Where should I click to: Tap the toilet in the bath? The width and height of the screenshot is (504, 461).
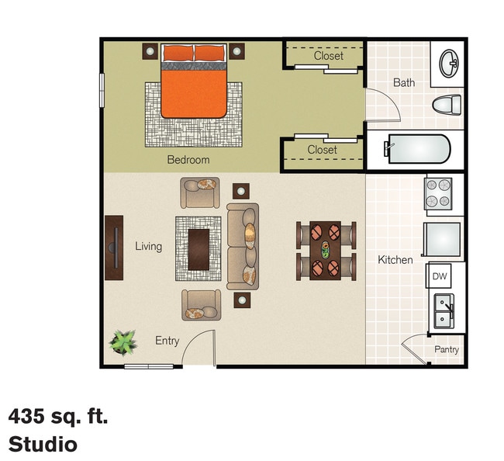click(447, 105)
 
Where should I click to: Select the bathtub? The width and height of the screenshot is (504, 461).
click(417, 149)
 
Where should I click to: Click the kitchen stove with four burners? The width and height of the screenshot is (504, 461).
click(438, 194)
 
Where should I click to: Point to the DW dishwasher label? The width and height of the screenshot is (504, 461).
click(439, 276)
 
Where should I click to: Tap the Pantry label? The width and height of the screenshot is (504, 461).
click(446, 350)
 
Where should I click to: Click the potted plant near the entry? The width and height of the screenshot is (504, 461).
click(123, 341)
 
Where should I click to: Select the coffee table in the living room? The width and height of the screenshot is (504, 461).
click(198, 248)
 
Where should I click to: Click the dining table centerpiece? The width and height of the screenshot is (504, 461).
click(325, 250)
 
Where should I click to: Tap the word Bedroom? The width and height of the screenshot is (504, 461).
click(188, 160)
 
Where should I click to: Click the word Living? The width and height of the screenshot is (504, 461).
click(148, 247)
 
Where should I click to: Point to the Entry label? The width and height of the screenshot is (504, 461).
click(167, 341)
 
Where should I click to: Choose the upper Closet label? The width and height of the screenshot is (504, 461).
click(329, 56)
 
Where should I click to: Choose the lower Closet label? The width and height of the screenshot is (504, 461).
click(322, 150)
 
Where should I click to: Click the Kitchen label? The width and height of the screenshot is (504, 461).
click(395, 260)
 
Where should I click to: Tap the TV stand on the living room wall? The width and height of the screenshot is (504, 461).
click(114, 247)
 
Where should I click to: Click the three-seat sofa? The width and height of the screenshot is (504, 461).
click(242, 247)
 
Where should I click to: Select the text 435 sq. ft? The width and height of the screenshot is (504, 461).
click(58, 417)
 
